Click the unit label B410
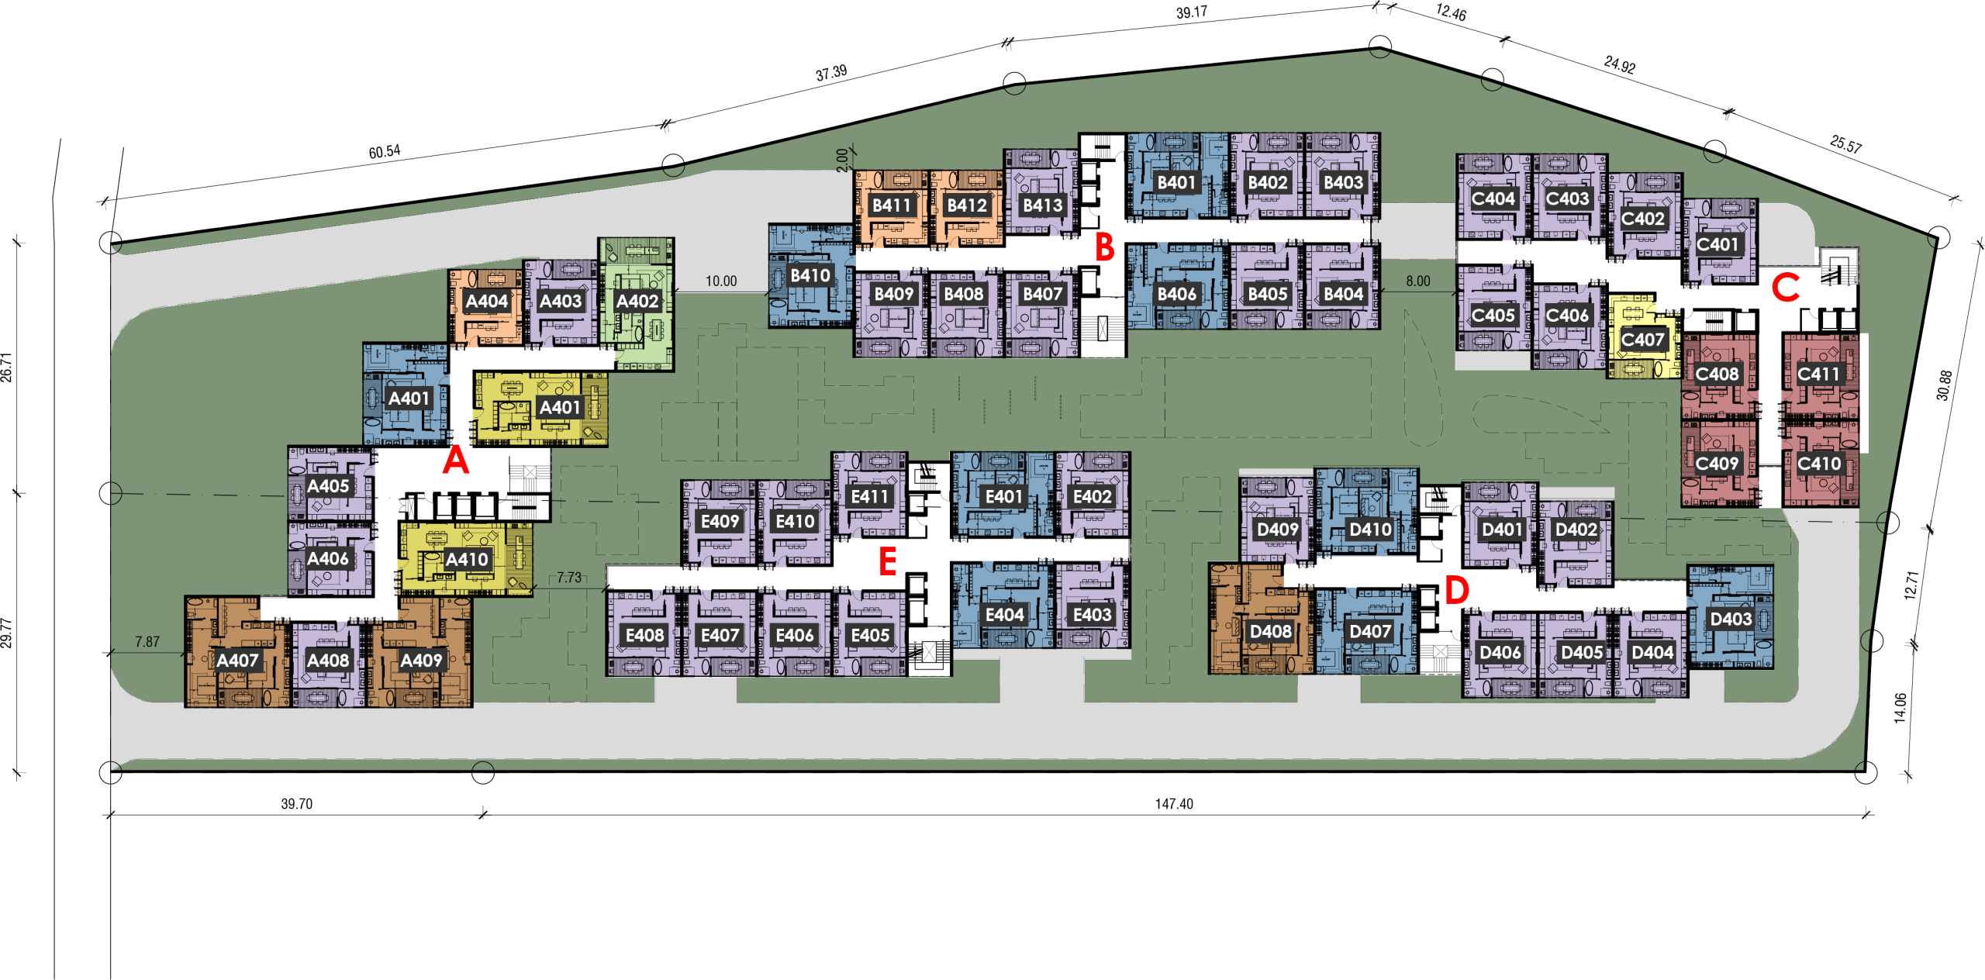point(810,275)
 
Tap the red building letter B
point(1104,248)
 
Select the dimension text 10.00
point(721,281)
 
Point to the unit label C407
point(1642,340)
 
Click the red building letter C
point(1785,288)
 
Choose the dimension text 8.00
point(1418,281)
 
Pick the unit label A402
point(637,301)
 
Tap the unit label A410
point(467,559)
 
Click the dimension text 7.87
point(147,642)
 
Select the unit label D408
point(1270,631)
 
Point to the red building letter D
point(1457,590)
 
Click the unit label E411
point(869,496)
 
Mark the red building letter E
point(888,561)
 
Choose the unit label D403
point(1731,619)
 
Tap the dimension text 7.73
point(569,578)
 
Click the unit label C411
point(1818,374)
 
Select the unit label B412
point(967,205)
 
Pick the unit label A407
point(237,661)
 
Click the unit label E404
point(1004,615)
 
